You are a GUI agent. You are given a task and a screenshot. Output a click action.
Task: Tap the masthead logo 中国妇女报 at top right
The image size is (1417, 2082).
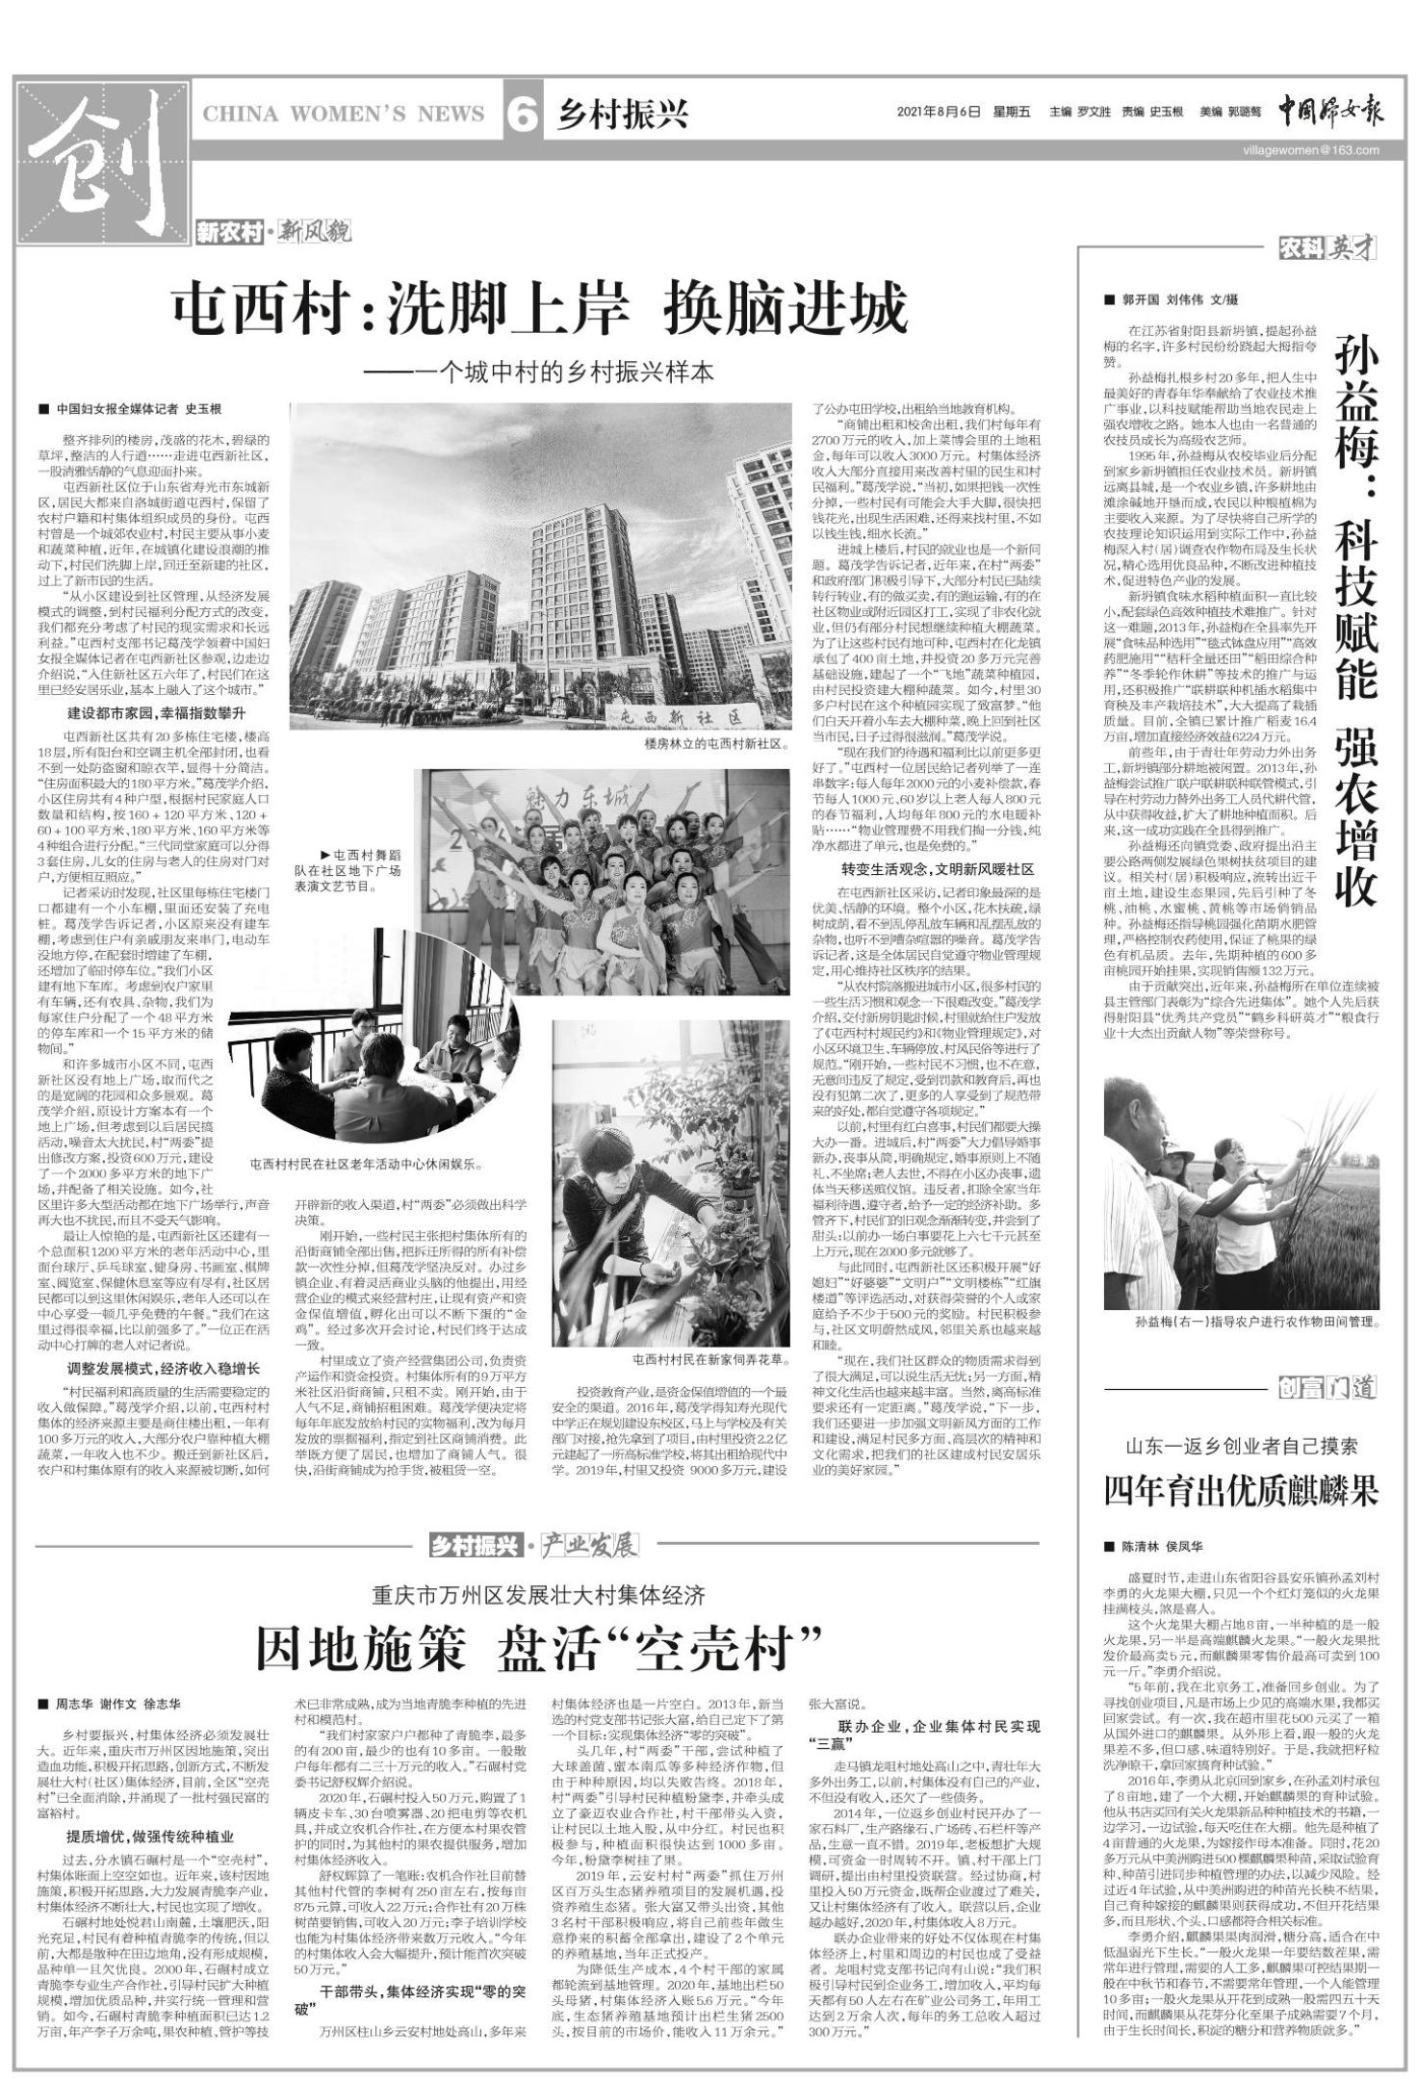point(1330,112)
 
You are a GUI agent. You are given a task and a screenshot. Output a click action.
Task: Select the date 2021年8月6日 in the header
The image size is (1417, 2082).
point(939,113)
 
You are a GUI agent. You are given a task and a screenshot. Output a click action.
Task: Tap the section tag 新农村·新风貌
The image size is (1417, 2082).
point(273,232)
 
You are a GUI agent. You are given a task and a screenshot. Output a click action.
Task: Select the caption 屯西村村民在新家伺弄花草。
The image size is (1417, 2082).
point(710,1360)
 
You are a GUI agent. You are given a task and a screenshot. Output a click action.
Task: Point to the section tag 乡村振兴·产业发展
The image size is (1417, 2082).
point(533,1546)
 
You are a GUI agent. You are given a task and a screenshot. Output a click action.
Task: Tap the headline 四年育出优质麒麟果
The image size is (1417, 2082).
point(1241,1491)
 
